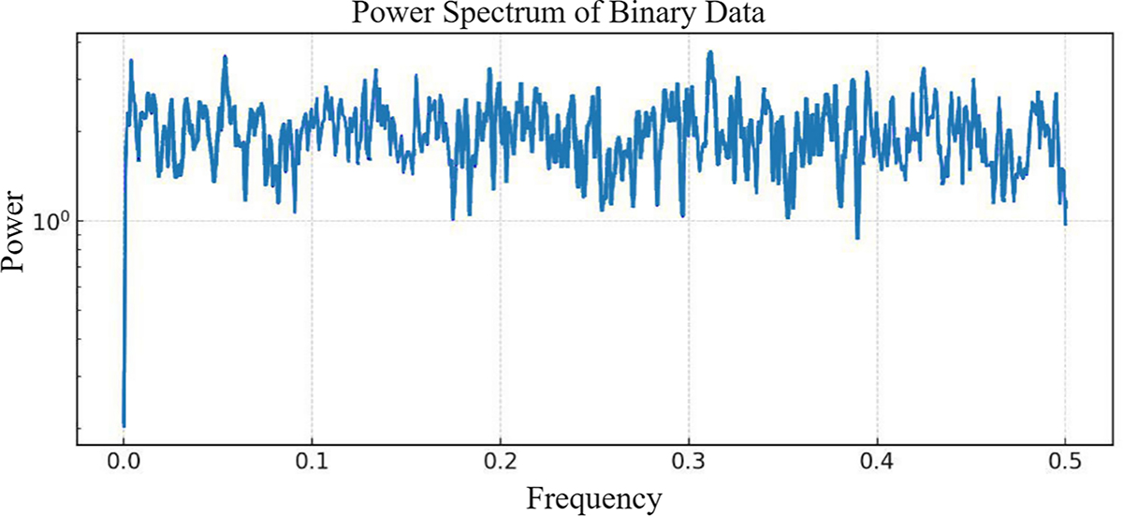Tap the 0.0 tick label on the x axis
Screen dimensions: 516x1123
click(124, 462)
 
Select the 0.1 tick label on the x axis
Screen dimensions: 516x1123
click(312, 462)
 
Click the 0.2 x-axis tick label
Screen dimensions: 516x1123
click(501, 462)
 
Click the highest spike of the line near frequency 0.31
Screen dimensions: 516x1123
click(710, 53)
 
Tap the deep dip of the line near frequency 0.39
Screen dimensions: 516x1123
click(857, 238)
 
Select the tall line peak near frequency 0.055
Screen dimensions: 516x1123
click(226, 57)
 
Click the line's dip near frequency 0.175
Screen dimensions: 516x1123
click(453, 219)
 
